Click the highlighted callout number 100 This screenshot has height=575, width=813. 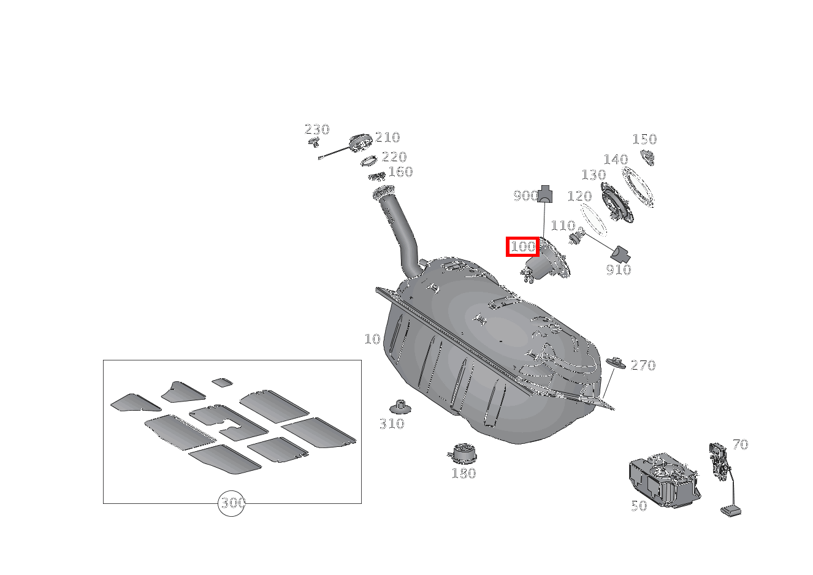tap(522, 247)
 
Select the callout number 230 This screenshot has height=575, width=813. tap(316, 130)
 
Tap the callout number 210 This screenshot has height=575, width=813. tap(387, 138)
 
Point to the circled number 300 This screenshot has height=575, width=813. tap(232, 503)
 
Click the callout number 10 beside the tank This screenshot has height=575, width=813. tap(372, 339)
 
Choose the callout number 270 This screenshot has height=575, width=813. tap(643, 366)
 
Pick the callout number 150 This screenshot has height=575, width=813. tap(644, 140)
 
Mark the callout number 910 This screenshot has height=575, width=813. tap(618, 270)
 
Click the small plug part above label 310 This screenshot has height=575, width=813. tap(400, 406)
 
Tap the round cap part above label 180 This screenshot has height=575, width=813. tap(463, 454)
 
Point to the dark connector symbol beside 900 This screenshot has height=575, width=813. tap(544, 194)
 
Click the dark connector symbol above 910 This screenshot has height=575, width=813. tap(620, 253)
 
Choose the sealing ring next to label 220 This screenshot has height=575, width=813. tap(369, 161)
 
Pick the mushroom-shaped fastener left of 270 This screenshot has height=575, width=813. tap(616, 362)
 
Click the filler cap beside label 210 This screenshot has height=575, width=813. tap(361, 143)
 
